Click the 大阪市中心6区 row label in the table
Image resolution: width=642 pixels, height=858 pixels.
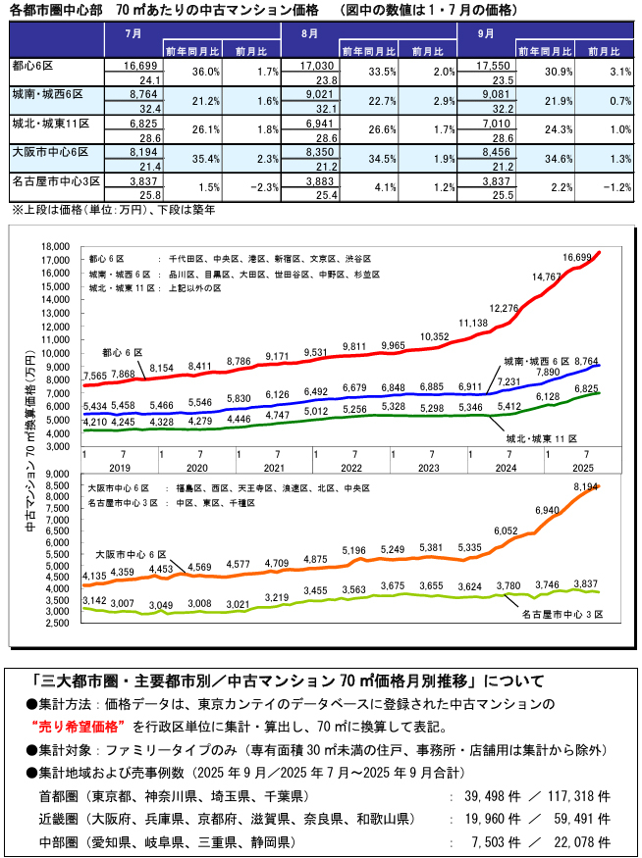(51, 153)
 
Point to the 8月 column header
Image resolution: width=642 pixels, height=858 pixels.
(315, 33)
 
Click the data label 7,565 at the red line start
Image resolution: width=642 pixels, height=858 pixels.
(96, 375)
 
